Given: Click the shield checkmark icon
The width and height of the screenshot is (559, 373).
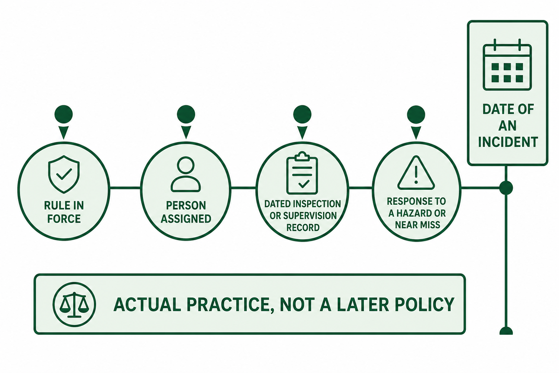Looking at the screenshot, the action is coord(64,174).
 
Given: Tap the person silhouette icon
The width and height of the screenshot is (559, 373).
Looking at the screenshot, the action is coord(186,174).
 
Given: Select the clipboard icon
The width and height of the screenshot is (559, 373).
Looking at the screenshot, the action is coord(302,173).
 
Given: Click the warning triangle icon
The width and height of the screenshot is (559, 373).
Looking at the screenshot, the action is coord(416,173).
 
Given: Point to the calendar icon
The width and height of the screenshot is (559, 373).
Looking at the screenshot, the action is coord(507,65).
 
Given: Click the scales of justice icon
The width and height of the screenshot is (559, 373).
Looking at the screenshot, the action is coord(75,304).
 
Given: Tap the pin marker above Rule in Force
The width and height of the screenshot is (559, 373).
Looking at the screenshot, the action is coord(64,122).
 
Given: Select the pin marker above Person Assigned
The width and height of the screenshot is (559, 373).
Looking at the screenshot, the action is coord(186,122).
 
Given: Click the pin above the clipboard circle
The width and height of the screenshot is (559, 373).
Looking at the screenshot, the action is coord(302,122).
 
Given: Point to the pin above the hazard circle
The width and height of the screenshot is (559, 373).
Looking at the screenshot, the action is coord(416,122).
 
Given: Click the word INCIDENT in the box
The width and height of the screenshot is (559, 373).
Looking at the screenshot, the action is coord(508,142).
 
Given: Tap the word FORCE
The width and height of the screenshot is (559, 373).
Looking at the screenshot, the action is coord(64,219).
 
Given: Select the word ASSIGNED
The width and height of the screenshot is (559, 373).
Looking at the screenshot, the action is coord(186,219).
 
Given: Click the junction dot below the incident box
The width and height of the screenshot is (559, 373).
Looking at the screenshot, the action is coord(506,187).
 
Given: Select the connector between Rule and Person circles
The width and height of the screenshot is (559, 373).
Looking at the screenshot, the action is coord(125,187).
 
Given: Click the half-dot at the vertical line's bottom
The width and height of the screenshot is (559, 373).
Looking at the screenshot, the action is coord(506,331).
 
